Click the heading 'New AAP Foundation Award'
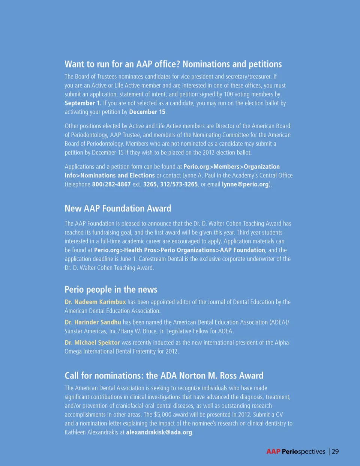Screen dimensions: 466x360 click(x=118, y=209)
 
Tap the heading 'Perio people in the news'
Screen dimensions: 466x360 click(x=111, y=290)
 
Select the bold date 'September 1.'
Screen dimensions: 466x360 click(x=83, y=103)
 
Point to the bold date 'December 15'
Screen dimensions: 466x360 click(x=147, y=112)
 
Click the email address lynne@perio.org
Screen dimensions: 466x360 click(x=245, y=184)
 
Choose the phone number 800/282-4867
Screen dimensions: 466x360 click(x=111, y=184)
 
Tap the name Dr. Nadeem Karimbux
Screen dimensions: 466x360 click(x=95, y=302)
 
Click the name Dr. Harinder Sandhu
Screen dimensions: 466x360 click(x=93, y=322)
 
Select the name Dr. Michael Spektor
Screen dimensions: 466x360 click(x=92, y=343)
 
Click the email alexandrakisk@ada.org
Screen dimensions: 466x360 click(x=159, y=432)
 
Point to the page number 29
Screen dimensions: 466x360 click(x=335, y=452)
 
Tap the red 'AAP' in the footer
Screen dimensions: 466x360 click(x=273, y=452)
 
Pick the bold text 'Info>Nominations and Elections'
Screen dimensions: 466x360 click(x=109, y=176)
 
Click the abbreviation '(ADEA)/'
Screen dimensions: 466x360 click(x=279, y=322)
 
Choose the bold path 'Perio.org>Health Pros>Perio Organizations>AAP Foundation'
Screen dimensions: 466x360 click(x=180, y=250)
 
